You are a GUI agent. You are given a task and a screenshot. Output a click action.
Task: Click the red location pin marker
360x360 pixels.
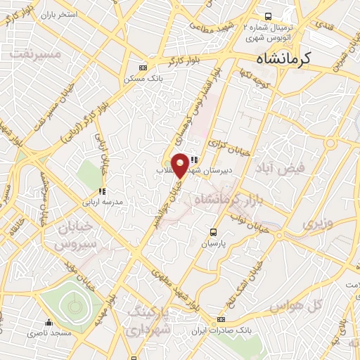tap(181, 165)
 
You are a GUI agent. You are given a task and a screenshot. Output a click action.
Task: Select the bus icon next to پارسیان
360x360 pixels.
tap(214, 231)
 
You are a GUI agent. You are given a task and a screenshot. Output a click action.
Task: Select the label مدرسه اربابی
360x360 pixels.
tap(103, 201)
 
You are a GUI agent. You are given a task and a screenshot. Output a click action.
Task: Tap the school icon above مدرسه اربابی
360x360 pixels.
tap(103, 191)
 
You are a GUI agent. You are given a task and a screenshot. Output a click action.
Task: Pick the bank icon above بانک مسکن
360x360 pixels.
tap(143, 67)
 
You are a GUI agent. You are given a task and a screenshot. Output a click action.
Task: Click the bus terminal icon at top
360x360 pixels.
tap(267, 15)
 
